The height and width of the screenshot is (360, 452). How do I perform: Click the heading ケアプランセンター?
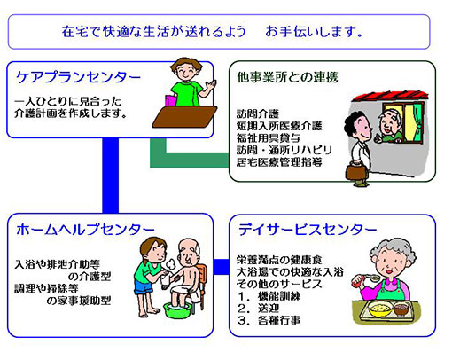(x=78, y=77)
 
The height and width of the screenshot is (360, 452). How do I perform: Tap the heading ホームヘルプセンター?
(x=85, y=230)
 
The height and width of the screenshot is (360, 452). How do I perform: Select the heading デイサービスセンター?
(x=308, y=230)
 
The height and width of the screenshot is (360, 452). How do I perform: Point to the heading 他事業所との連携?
(x=287, y=77)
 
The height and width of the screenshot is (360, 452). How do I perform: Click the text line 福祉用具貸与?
(x=269, y=138)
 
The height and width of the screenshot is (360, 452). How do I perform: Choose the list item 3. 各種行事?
(x=269, y=320)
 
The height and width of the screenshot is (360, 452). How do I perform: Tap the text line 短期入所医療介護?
(x=279, y=126)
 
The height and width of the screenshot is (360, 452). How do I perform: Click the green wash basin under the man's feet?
(x=177, y=310)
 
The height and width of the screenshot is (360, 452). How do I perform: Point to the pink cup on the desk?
(x=170, y=100)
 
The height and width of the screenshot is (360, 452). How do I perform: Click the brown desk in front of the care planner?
(x=184, y=117)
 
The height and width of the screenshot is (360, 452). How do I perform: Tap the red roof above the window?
(x=389, y=97)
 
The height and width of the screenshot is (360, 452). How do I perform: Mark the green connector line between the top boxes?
(x=189, y=160)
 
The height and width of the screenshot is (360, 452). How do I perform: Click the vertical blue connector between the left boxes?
(x=111, y=176)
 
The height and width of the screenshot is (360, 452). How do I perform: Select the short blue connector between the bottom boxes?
(x=221, y=267)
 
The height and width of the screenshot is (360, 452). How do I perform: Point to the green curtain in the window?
(x=418, y=122)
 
